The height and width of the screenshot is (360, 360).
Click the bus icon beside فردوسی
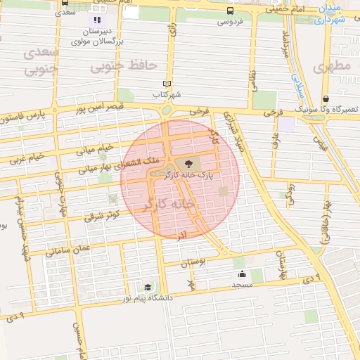coord(230,11)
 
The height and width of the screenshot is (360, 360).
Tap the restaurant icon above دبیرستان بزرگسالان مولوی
coord(97,20)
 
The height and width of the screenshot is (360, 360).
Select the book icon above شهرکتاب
coord(167,84)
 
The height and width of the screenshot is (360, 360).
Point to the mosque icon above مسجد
coord(243,274)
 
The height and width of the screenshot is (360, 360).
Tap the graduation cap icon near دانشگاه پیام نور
coord(148,287)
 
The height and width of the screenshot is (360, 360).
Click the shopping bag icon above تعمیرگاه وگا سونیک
coord(326,99)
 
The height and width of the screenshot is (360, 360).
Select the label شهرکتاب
coord(167,94)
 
